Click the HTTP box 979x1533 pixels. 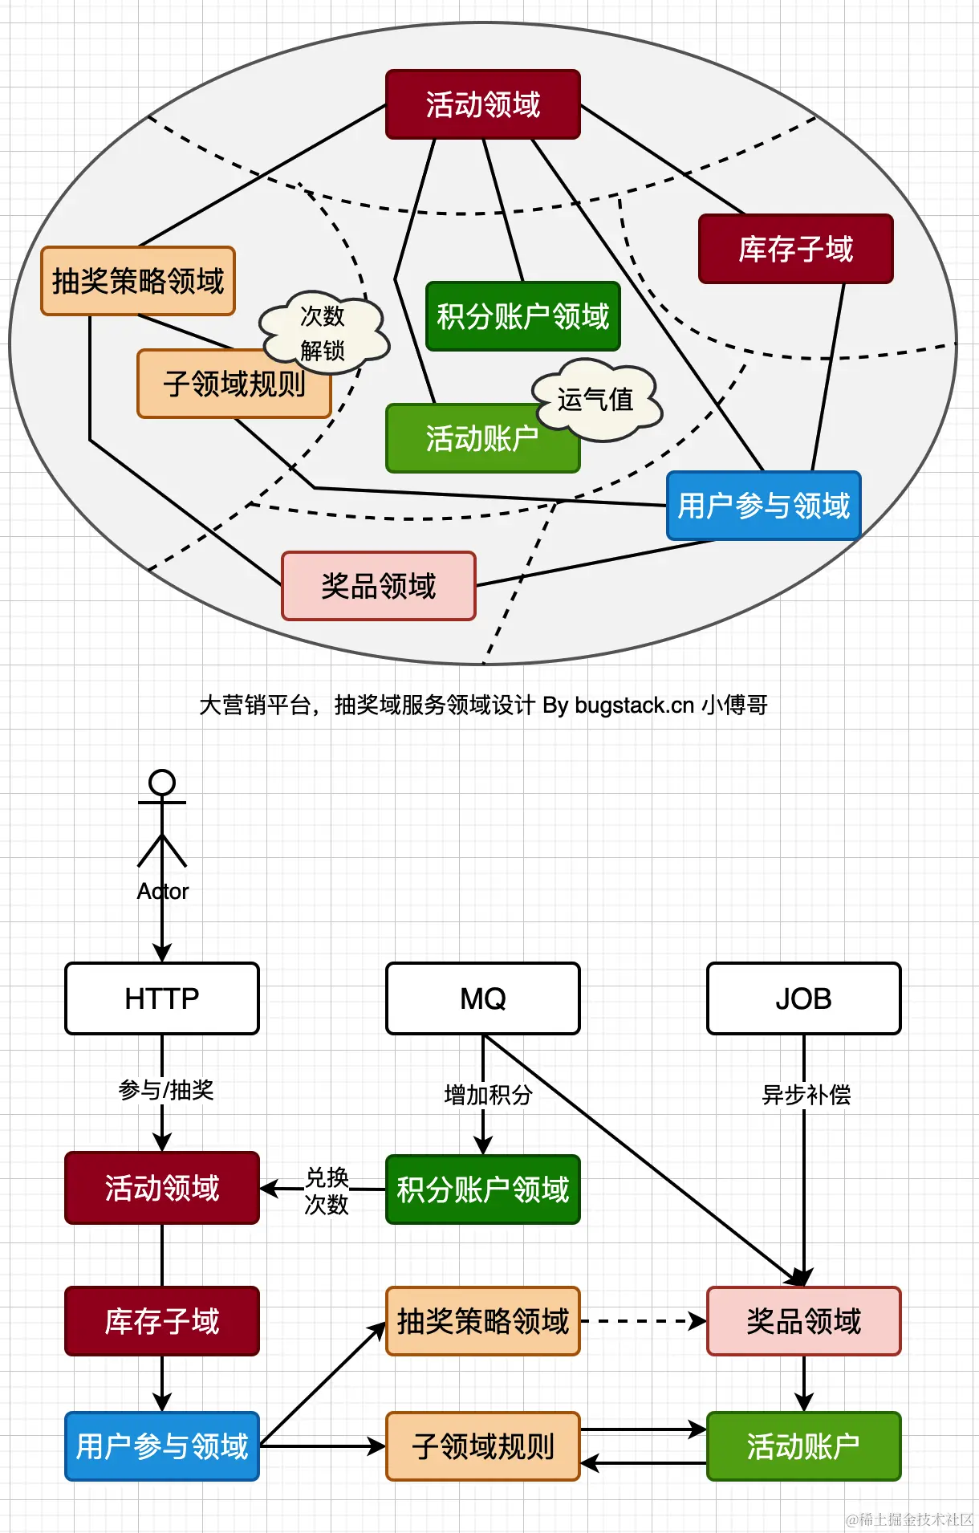162,998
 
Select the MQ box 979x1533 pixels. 483,998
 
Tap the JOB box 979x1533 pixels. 803,998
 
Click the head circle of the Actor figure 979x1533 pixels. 162,782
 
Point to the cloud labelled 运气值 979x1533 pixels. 597,399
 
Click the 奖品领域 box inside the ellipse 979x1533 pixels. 379,586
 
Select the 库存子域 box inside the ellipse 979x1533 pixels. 795,249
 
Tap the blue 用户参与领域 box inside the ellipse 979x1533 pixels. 763,506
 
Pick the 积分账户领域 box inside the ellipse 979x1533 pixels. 522,316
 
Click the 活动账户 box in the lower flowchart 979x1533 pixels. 803,1446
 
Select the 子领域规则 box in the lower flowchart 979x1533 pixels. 483,1446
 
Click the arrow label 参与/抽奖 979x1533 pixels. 166,1090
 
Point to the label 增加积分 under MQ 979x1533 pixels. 488,1095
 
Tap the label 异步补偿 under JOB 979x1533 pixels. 806,1095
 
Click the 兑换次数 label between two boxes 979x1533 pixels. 327,1191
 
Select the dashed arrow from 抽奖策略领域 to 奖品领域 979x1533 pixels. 642,1321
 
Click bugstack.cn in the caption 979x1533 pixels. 634,706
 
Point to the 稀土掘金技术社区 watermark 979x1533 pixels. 910,1519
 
